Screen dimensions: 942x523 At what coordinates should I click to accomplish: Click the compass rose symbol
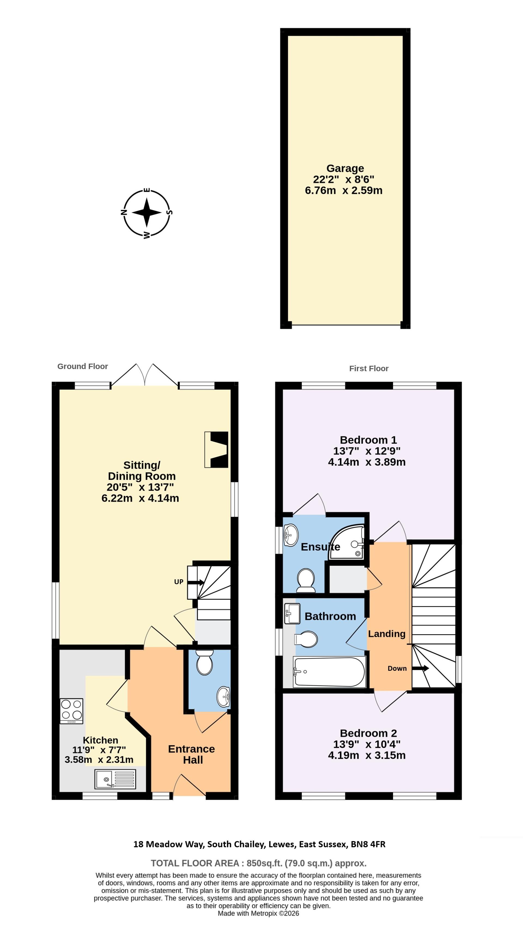coord(146,212)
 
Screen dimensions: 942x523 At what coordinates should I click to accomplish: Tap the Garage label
coord(345,169)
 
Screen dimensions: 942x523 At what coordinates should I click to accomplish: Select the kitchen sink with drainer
coord(115,779)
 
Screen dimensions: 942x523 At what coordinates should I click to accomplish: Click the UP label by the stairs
coord(178,581)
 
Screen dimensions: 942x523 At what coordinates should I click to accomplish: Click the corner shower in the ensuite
coord(348,542)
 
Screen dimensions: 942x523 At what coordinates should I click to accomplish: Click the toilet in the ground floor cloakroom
coord(205,662)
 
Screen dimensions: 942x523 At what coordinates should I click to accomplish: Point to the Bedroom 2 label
coord(368,733)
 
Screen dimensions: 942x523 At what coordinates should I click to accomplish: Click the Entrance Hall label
coord(191,754)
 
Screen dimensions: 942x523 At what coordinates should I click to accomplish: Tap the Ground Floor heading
coord(83,366)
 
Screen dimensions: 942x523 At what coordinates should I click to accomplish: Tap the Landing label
coord(387,634)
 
